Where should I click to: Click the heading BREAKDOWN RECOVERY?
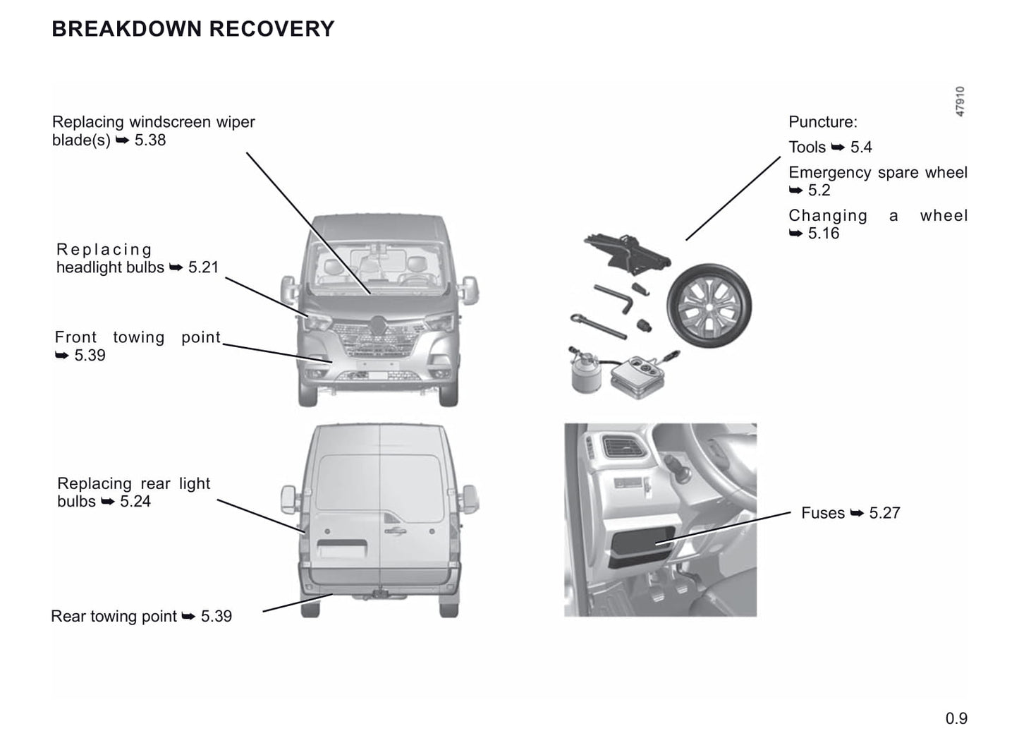pyautogui.click(x=193, y=29)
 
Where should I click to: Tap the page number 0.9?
pyautogui.click(x=956, y=718)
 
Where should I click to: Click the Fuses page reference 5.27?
pyautogui.click(x=884, y=513)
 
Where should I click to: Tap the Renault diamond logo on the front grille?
pyautogui.click(x=379, y=326)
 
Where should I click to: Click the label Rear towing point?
pyautogui.click(x=114, y=616)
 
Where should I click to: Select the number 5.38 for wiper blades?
pyautogui.click(x=150, y=140)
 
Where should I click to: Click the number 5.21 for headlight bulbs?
pyautogui.click(x=204, y=267)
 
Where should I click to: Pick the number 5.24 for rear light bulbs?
pyautogui.click(x=135, y=502)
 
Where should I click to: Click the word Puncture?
pyautogui.click(x=822, y=122)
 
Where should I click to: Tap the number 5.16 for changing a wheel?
pyautogui.click(x=824, y=234)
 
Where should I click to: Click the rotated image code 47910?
pyautogui.click(x=960, y=102)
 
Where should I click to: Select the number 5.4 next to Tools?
pyautogui.click(x=861, y=147)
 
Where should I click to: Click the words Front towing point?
pyautogui.click(x=138, y=337)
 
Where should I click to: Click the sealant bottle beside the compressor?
pyautogui.click(x=587, y=373)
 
